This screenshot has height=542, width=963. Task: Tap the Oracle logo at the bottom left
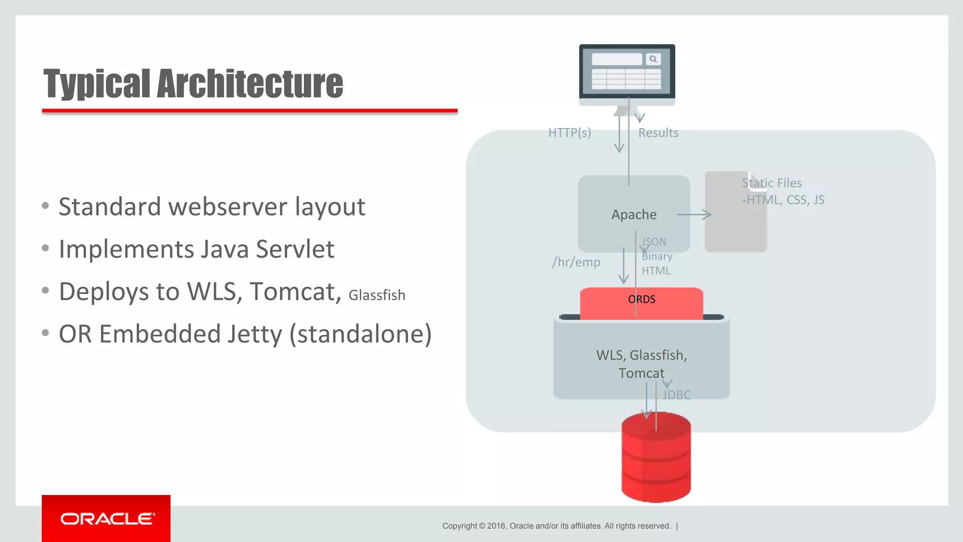pyautogui.click(x=106, y=518)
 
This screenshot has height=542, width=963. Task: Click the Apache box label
pyautogui.click(x=634, y=215)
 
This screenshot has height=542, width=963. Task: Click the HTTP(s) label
pyautogui.click(x=569, y=133)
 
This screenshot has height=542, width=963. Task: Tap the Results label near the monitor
pyautogui.click(x=658, y=133)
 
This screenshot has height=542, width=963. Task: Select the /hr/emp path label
pyautogui.click(x=576, y=262)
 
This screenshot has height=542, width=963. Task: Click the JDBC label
pyautogui.click(x=677, y=395)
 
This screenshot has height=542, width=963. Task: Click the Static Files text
pyautogui.click(x=772, y=183)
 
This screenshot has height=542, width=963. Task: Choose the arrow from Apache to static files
pyautogui.click(x=694, y=215)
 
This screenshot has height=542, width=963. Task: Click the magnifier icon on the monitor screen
pyautogui.click(x=653, y=59)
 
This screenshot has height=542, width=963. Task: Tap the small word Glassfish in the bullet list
pyautogui.click(x=377, y=295)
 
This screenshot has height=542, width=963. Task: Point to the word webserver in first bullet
pyautogui.click(x=228, y=207)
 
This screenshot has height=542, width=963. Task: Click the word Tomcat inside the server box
pyautogui.click(x=641, y=373)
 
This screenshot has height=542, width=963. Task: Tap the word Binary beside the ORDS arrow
pyautogui.click(x=657, y=256)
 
